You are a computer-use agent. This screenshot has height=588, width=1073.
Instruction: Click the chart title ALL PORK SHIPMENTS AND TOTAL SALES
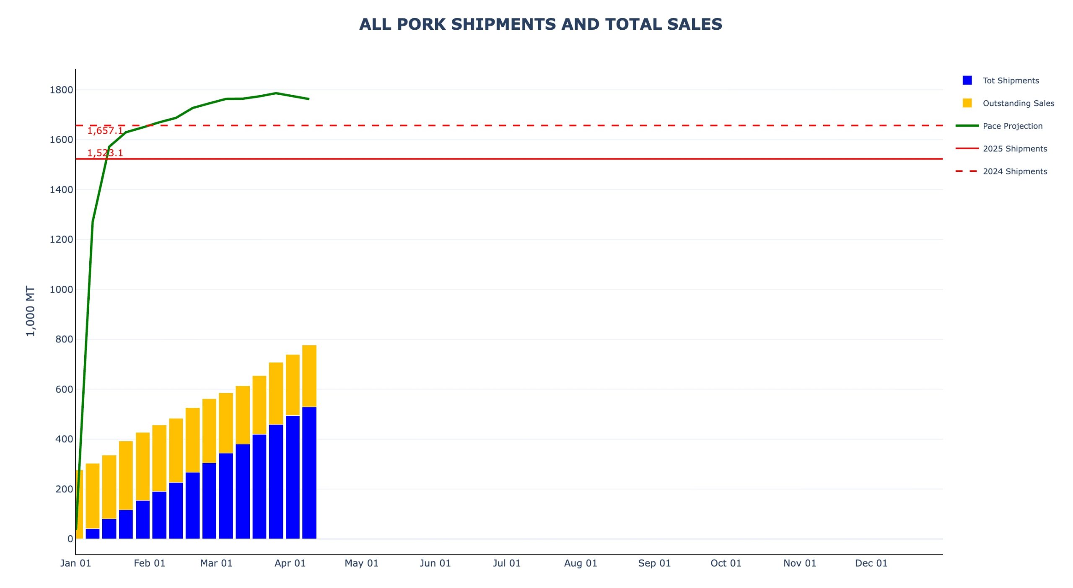(540, 24)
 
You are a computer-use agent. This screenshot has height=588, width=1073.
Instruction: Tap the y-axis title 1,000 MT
(31, 311)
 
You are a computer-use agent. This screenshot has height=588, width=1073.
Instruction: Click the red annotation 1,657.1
(105, 131)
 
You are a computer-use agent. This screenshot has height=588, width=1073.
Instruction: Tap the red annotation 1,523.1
(105, 153)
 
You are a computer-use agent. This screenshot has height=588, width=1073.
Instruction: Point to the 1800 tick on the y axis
(61, 90)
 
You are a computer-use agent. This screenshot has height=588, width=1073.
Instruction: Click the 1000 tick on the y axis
(61, 289)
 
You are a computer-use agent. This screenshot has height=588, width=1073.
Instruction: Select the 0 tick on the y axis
(70, 539)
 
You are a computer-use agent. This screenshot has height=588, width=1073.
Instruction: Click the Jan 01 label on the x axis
(75, 563)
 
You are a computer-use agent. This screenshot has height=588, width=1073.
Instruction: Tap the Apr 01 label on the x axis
(290, 563)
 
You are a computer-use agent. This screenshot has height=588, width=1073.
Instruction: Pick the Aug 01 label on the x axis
(581, 563)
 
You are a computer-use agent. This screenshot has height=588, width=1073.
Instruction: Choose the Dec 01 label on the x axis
(871, 563)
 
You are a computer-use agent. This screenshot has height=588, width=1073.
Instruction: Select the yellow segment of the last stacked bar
(309, 376)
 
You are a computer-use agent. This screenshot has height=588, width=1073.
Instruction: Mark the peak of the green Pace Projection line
(276, 93)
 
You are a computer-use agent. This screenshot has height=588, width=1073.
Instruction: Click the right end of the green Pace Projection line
(309, 99)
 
